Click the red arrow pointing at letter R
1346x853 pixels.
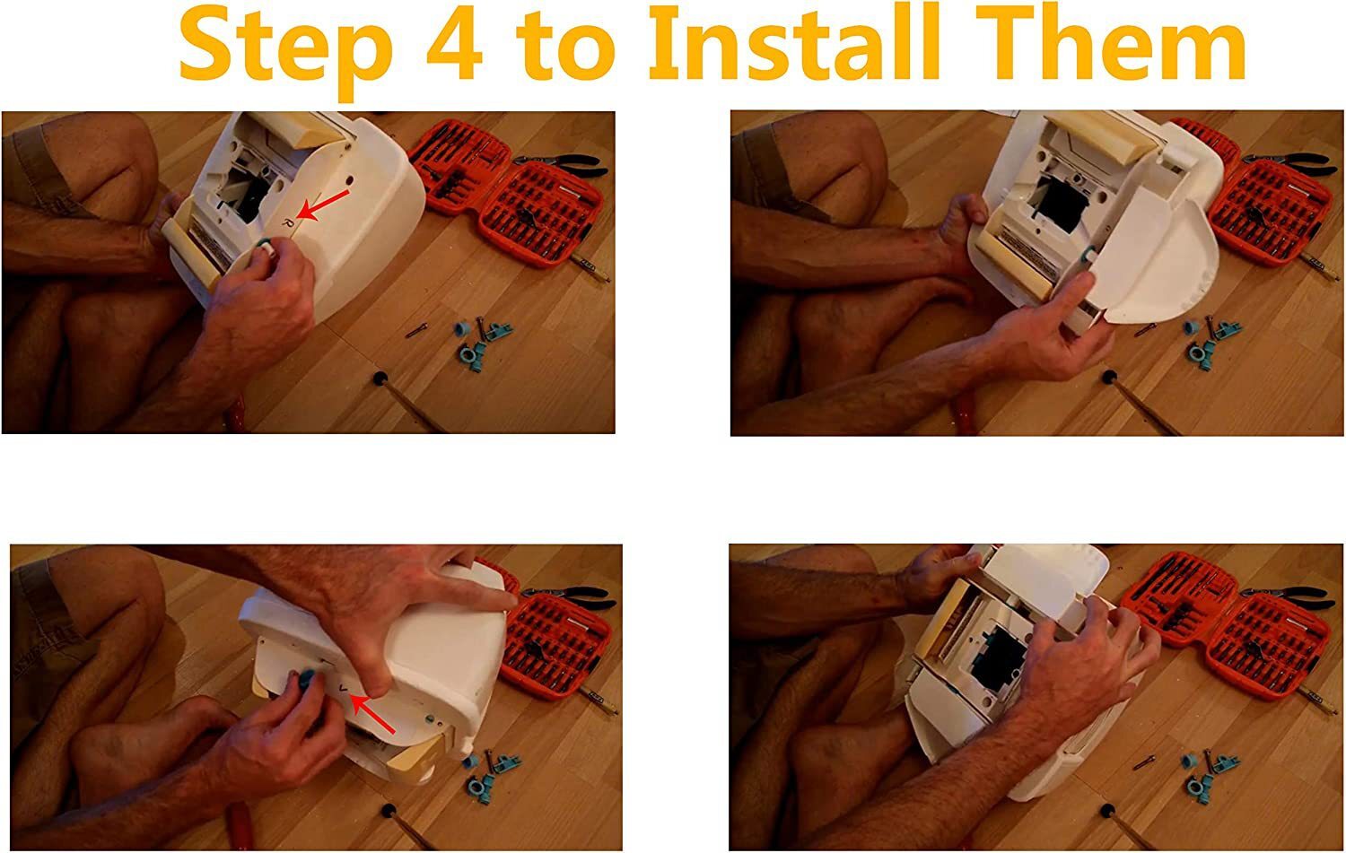coord(323,205)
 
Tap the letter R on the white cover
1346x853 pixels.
coord(288,222)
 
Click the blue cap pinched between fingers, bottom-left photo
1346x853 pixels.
coord(308,677)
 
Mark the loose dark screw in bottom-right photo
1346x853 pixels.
coord(1143,762)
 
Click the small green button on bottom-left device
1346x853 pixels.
coord(430,718)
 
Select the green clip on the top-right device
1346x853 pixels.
coord(1086,257)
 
